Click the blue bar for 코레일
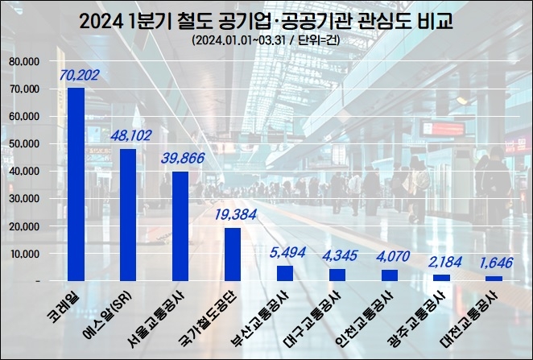pyautogui.click(x=76, y=184)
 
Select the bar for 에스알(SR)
pyautogui.click(x=128, y=214)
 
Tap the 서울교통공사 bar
pyautogui.click(x=180, y=226)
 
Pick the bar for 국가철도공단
pyautogui.click(x=232, y=254)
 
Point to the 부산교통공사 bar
pyautogui.click(x=284, y=273)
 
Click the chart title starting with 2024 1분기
pyautogui.click(x=266, y=20)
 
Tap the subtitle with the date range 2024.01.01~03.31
pyautogui.click(x=266, y=40)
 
